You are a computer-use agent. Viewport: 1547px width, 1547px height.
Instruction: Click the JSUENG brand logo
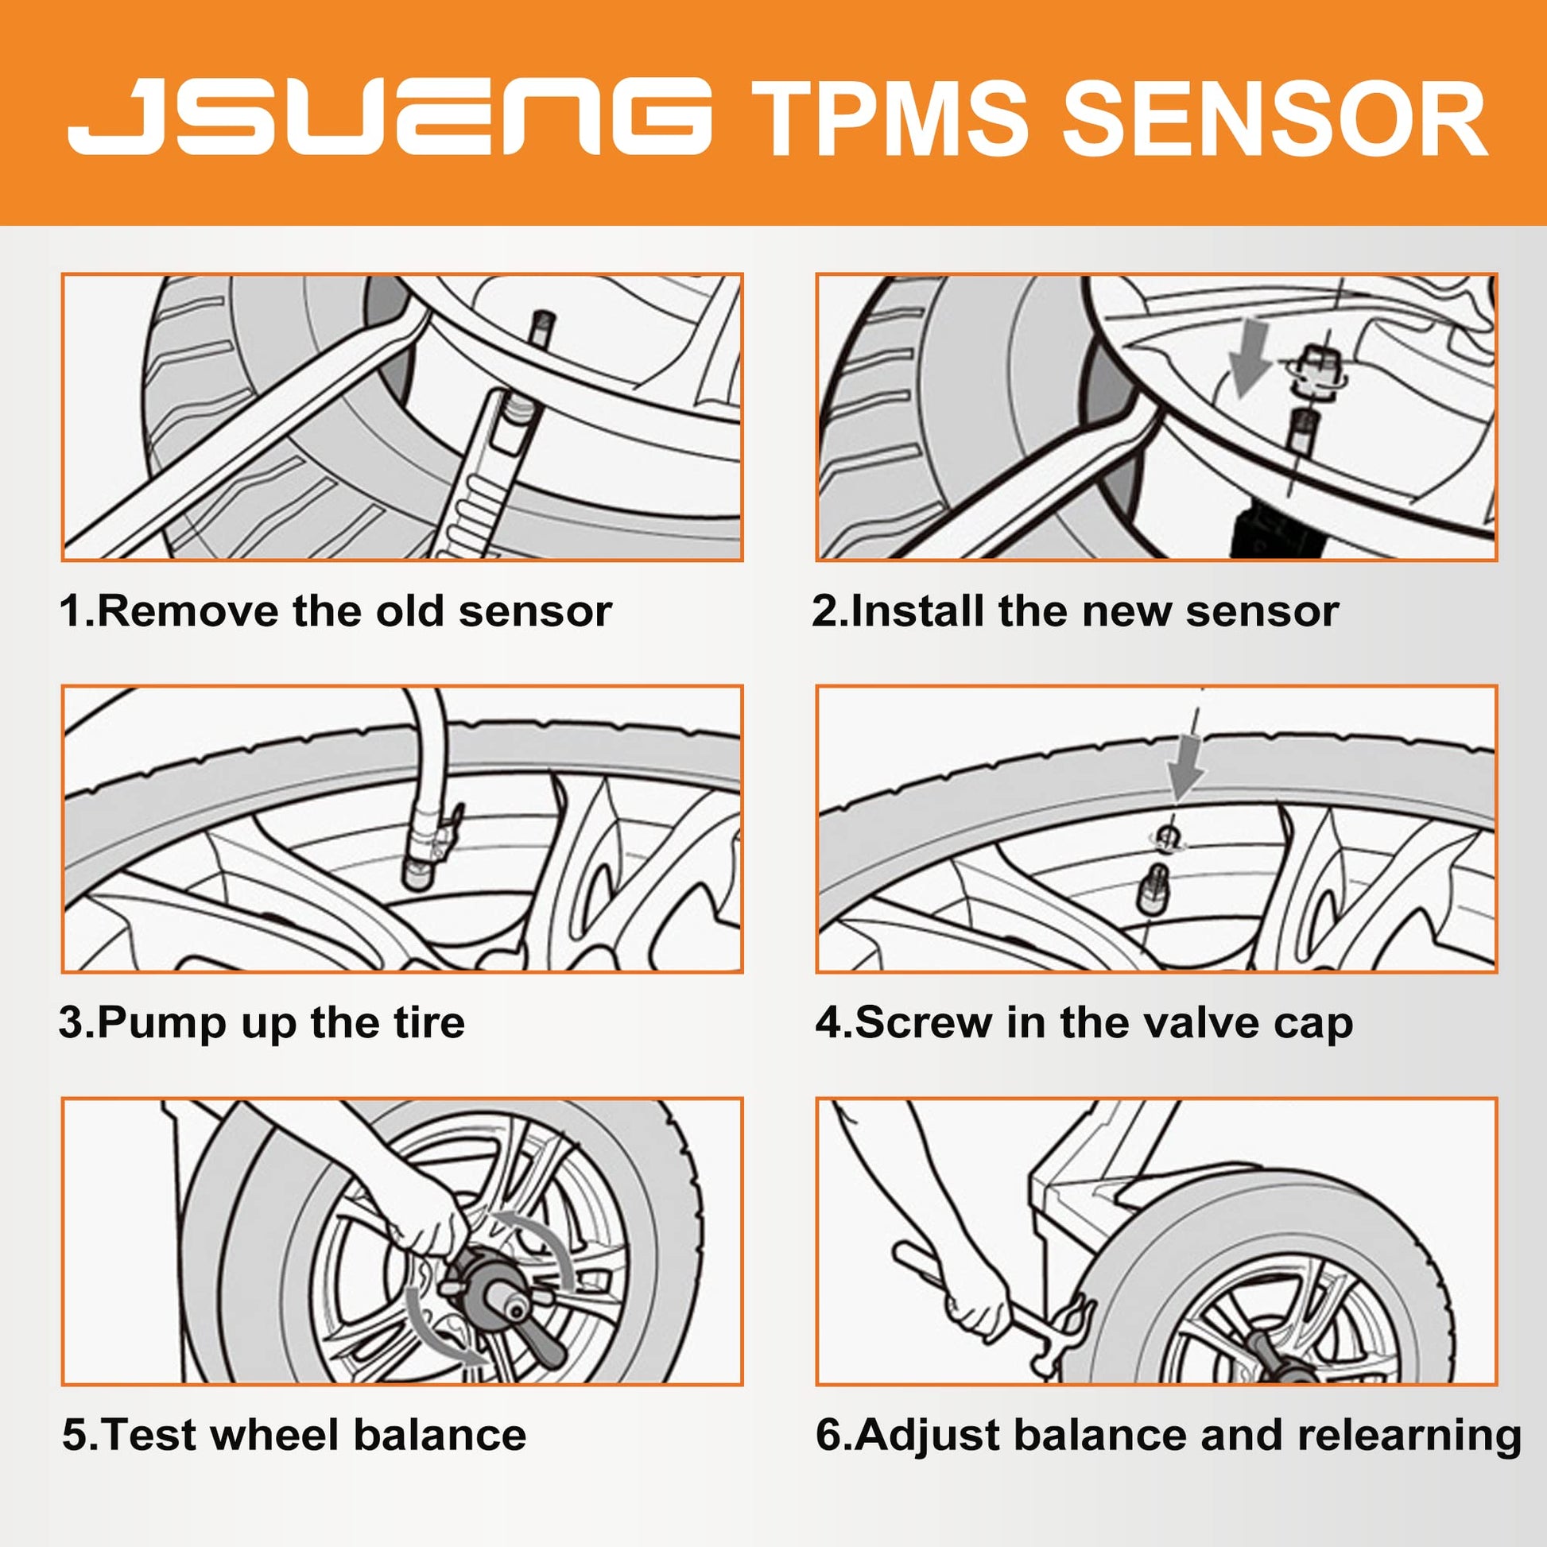[390, 116]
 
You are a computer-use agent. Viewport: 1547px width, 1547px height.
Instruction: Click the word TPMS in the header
[889, 120]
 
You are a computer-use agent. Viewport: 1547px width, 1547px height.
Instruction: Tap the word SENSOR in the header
[1274, 120]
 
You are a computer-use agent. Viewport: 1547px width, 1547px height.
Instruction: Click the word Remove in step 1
[189, 612]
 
